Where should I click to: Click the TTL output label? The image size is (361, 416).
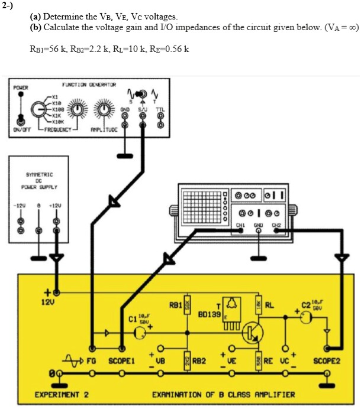pos(160,109)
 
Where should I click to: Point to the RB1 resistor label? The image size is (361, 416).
pos(176,305)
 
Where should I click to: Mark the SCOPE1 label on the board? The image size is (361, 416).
pos(122,359)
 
